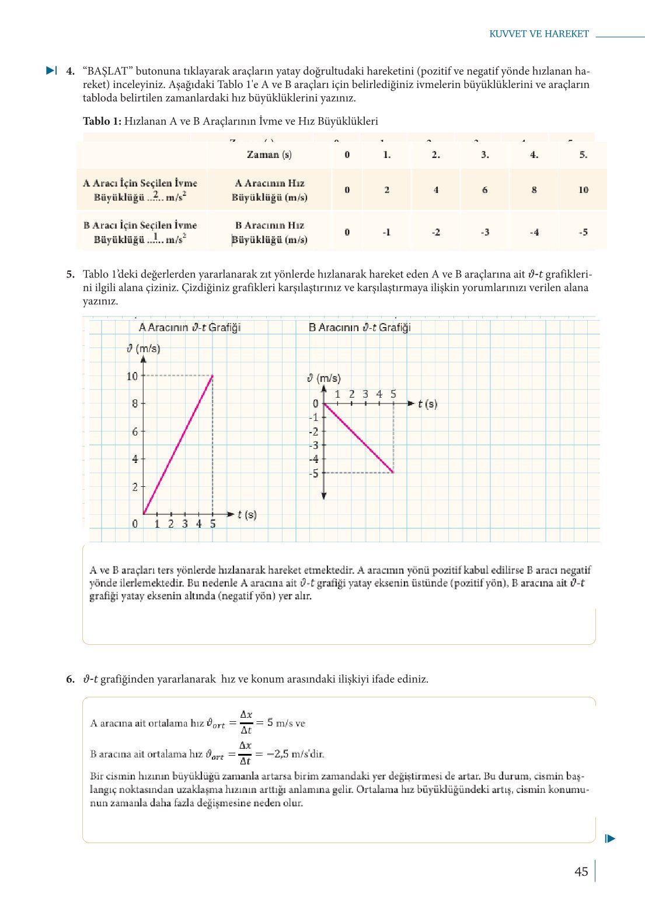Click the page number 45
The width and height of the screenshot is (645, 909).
pyautogui.click(x=581, y=872)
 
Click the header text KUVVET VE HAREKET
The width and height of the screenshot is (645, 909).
pyautogui.click(x=539, y=34)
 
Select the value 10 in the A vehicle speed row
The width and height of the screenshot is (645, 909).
pyautogui.click(x=583, y=190)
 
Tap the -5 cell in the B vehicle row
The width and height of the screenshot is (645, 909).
pyautogui.click(x=583, y=232)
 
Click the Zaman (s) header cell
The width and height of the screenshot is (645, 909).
pyautogui.click(x=269, y=155)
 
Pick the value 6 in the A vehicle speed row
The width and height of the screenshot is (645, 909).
pyautogui.click(x=485, y=190)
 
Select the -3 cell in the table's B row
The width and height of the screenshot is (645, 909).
pyautogui.click(x=485, y=232)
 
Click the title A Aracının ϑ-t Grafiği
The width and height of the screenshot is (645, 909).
pyautogui.click(x=189, y=328)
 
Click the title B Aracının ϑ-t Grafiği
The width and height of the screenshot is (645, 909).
pyautogui.click(x=360, y=328)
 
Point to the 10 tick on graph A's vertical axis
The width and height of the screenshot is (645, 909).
pyautogui.click(x=133, y=376)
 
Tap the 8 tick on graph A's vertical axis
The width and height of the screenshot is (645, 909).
pyautogui.click(x=135, y=403)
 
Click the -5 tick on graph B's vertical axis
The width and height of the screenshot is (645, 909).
pyautogui.click(x=314, y=473)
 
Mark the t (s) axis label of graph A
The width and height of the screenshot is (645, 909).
pyautogui.click(x=247, y=515)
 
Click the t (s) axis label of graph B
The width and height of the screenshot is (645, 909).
pyautogui.click(x=427, y=403)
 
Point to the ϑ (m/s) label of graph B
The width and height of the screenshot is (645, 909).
pyautogui.click(x=324, y=378)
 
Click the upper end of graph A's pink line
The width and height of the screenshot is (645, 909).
pyautogui.click(x=212, y=376)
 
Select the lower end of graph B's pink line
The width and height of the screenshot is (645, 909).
pyautogui.click(x=393, y=472)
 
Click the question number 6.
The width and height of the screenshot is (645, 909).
pyautogui.click(x=70, y=679)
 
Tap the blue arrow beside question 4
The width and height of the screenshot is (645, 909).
pyautogui.click(x=51, y=71)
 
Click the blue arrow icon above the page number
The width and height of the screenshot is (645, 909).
pyautogui.click(x=610, y=839)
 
